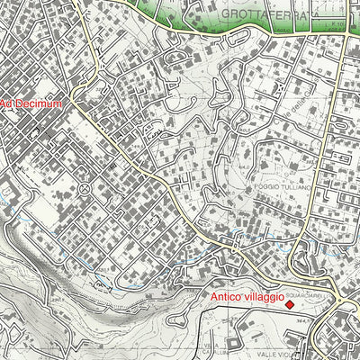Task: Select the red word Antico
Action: pyautogui.click(x=229, y=296)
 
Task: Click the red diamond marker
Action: pyautogui.click(x=290, y=305)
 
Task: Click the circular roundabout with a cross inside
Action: pyautogui.click(x=84, y=188)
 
